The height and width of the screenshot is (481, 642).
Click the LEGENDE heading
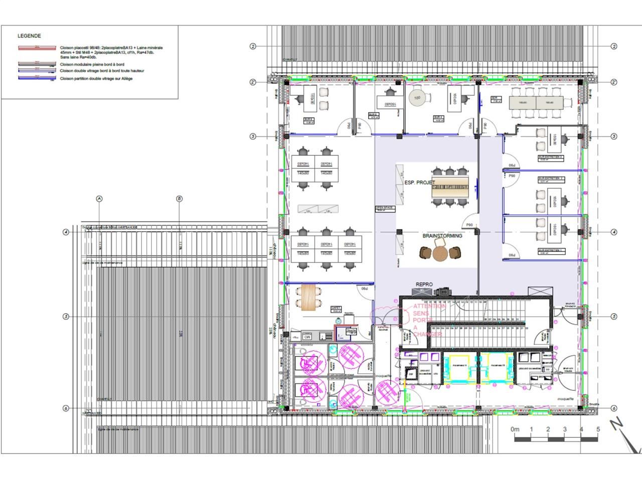pyautogui.click(x=29, y=36)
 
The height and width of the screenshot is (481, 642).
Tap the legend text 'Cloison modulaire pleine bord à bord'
pyautogui.click(x=92, y=65)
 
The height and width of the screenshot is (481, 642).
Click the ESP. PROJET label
pyautogui.click(x=420, y=183)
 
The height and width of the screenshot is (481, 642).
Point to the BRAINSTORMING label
pyautogui.click(x=442, y=235)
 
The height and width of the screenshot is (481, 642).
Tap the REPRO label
pyautogui.click(x=424, y=285)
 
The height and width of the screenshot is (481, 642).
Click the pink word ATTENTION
pyautogui.click(x=429, y=306)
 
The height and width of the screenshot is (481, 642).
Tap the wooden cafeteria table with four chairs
pyautogui.click(x=308, y=296)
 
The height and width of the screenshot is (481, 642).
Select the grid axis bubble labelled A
pyautogui.click(x=99, y=199)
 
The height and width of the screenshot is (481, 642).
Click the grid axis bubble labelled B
pyautogui.click(x=179, y=199)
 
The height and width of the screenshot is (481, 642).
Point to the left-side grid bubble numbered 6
pyautogui.click(x=66, y=408)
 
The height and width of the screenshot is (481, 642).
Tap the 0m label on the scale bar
pyautogui.click(x=515, y=429)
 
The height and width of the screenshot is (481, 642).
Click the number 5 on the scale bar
pyautogui.click(x=598, y=429)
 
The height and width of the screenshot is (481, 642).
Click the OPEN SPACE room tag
pyautogui.click(x=385, y=207)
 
